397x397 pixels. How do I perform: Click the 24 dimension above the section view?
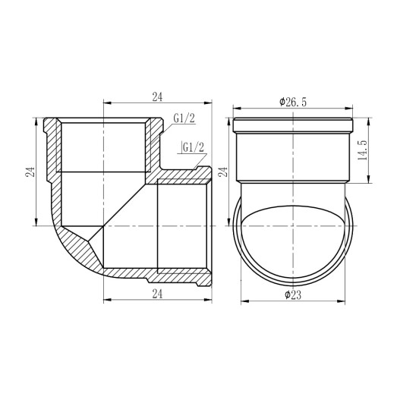(158, 96)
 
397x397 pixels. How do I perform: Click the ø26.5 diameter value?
(292, 102)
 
